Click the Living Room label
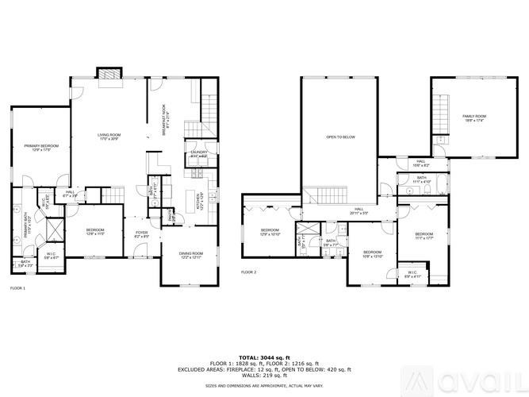coord(108,137)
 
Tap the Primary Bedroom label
coord(42,148)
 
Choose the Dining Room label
coord(191,255)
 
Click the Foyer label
coord(141,235)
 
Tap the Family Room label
coord(474,118)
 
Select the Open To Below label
coord(339,137)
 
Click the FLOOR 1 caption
coord(18,288)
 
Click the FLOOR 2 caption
coord(249,272)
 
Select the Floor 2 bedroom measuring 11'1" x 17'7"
coord(424,236)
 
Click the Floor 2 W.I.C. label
coord(412,274)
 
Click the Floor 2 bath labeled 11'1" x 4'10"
coord(420,181)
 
